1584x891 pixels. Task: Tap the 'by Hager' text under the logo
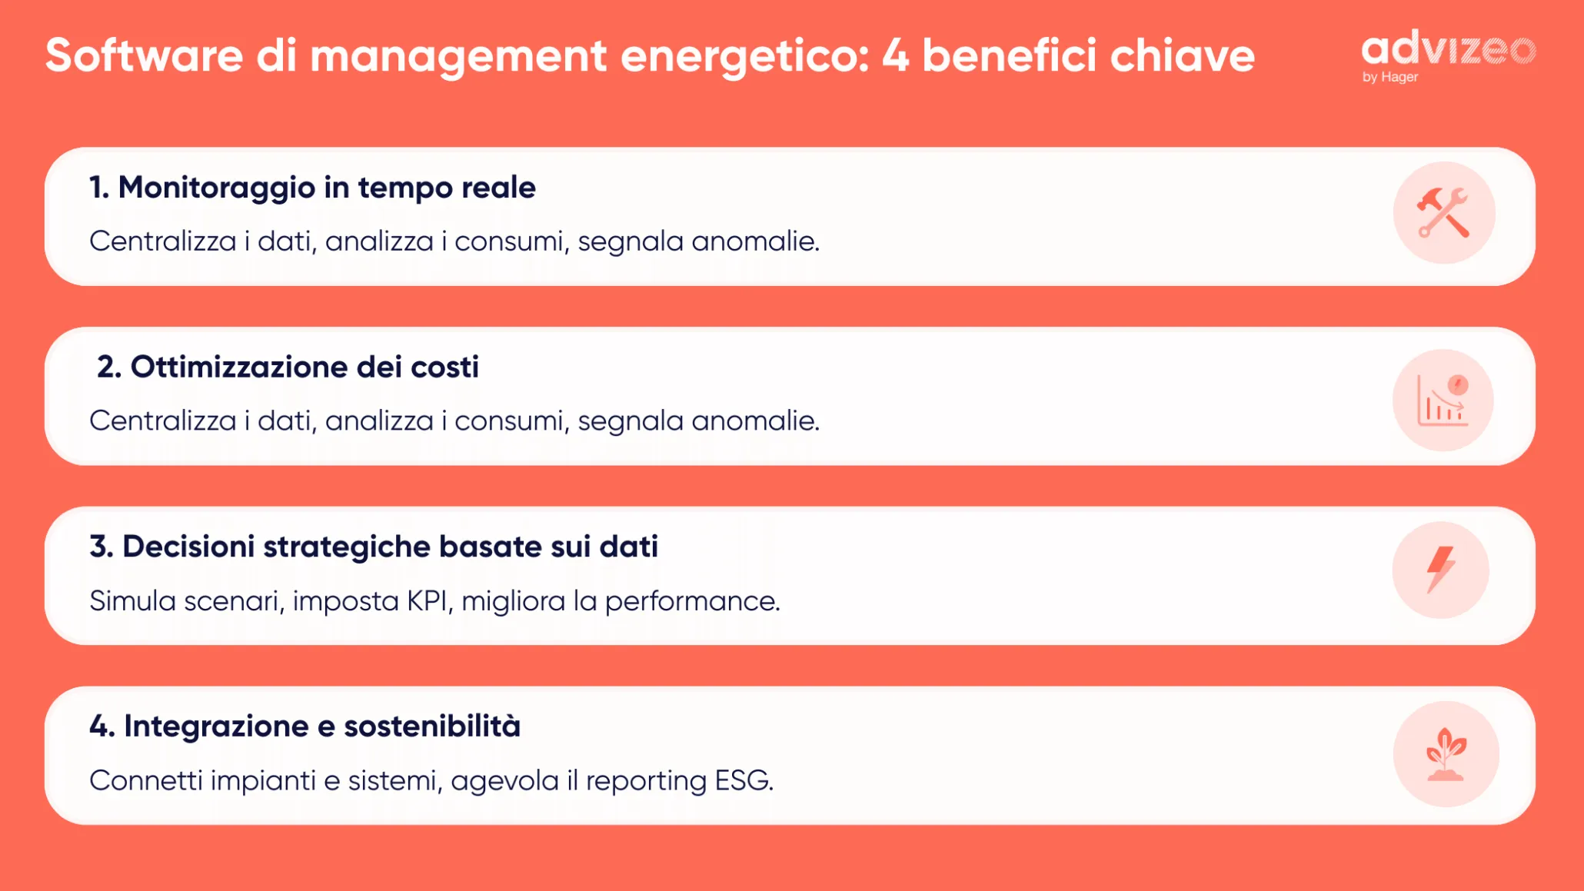pyautogui.click(x=1389, y=77)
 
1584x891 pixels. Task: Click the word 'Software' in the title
pyautogui.click(x=144, y=55)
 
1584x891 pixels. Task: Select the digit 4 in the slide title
pyautogui.click(x=895, y=55)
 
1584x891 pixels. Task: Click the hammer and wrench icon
pyautogui.click(x=1443, y=212)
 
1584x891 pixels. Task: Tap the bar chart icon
pyautogui.click(x=1443, y=400)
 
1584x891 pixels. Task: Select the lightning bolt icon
pyautogui.click(x=1440, y=570)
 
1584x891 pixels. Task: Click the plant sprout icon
pyautogui.click(x=1446, y=754)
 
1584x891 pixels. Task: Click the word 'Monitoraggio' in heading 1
pyautogui.click(x=216, y=188)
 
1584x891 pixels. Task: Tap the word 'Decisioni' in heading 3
pyautogui.click(x=188, y=547)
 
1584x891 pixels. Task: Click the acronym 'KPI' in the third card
pyautogui.click(x=428, y=600)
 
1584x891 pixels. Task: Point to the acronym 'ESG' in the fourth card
pyautogui.click(x=743, y=780)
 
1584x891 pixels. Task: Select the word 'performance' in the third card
pyautogui.click(x=691, y=601)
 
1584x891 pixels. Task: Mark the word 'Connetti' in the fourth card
pyautogui.click(x=146, y=780)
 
